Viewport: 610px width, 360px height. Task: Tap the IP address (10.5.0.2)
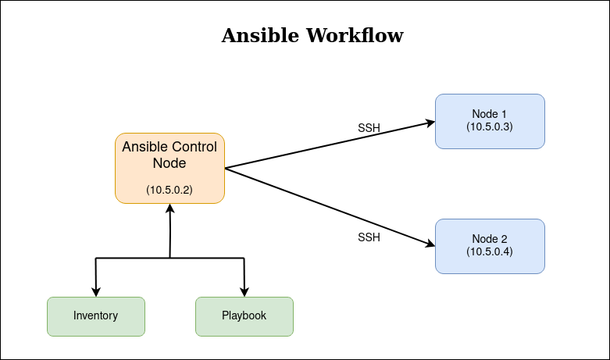point(169,190)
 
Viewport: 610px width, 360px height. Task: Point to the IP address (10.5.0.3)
point(490,126)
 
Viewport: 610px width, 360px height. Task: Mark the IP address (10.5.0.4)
point(490,251)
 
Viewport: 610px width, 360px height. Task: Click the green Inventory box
point(96,316)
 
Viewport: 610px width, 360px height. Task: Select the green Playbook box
point(244,316)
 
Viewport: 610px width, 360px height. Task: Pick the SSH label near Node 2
point(369,237)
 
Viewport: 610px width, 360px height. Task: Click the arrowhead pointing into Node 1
point(430,123)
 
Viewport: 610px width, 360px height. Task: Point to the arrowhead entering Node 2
point(430,244)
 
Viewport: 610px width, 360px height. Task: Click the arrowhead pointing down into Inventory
point(96,292)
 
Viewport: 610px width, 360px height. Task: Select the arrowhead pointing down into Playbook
point(244,292)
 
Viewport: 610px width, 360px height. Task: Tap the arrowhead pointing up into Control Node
point(169,209)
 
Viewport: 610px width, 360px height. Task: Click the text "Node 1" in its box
point(490,114)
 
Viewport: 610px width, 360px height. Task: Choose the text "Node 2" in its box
point(490,239)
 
